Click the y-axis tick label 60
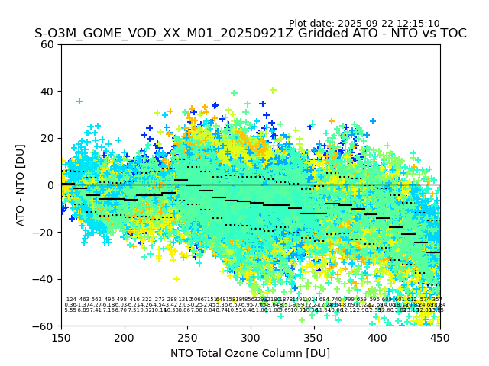click(48, 44)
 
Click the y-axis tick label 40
click(48, 91)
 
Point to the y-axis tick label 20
click(48, 138)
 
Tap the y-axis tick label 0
click(51, 185)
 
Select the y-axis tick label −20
click(45, 232)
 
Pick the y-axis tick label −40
click(45, 279)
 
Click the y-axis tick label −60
click(45, 326)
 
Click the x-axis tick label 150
click(61, 337)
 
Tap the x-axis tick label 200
click(125, 337)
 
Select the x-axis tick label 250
click(187, 337)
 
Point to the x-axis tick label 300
click(251, 337)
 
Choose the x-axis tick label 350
click(314, 337)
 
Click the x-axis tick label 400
click(377, 337)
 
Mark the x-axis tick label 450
click(440, 337)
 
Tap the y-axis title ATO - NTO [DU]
click(21, 185)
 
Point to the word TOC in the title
click(452, 34)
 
